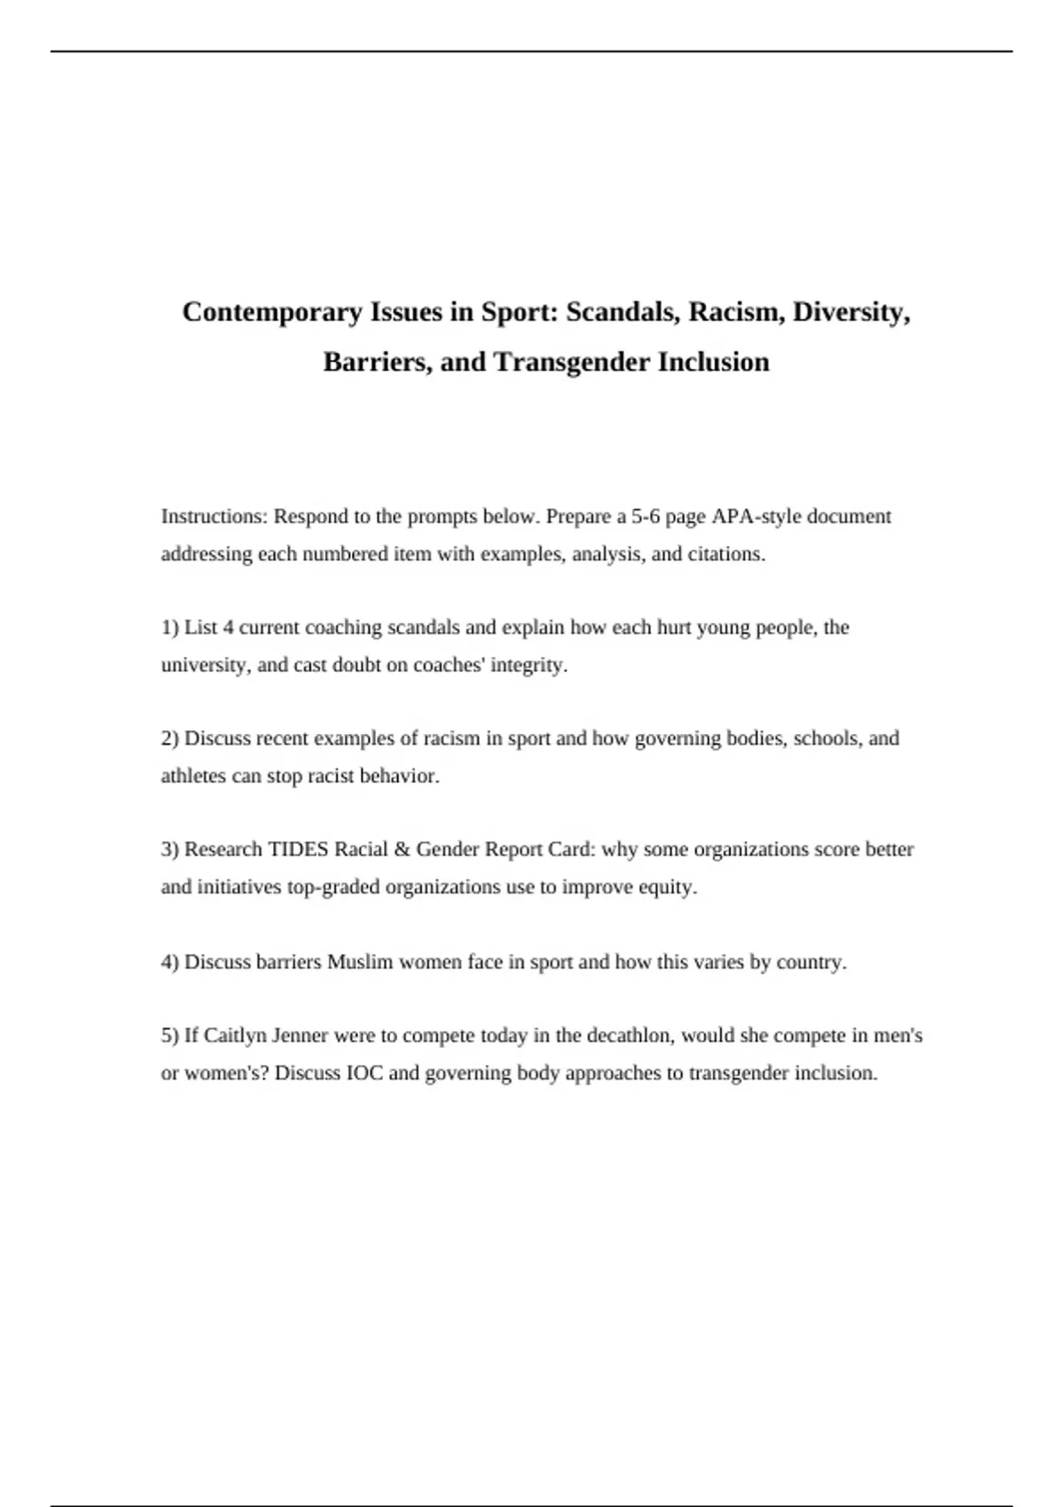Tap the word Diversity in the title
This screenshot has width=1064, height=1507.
[x=851, y=312]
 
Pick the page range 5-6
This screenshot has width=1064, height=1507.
[x=645, y=516]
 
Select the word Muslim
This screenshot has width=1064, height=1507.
[x=360, y=962]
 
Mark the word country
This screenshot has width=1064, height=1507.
[x=810, y=962]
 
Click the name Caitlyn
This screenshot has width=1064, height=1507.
[x=235, y=1035]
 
